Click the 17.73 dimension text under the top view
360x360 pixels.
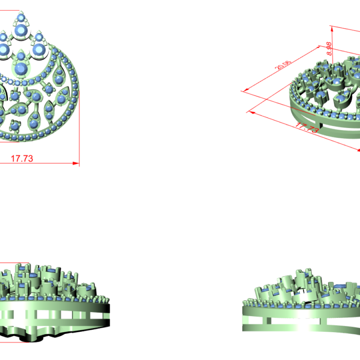[x=22, y=158]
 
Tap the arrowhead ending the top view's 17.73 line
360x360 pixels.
[x=76, y=163]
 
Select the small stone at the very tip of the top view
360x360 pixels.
[x=21, y=17]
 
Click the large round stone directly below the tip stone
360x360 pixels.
[x=21, y=30]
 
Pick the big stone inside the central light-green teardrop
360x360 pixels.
[x=21, y=68]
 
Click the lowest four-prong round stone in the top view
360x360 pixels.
[x=15, y=125]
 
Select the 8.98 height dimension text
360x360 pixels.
[x=329, y=49]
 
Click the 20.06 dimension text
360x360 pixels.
[x=283, y=65]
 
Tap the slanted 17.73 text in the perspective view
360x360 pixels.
[x=307, y=128]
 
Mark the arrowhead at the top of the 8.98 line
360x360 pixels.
[x=332, y=29]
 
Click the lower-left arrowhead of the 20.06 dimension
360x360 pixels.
[x=246, y=90]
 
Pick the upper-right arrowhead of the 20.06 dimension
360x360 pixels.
[x=318, y=47]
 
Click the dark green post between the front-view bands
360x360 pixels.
[x=268, y=320]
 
